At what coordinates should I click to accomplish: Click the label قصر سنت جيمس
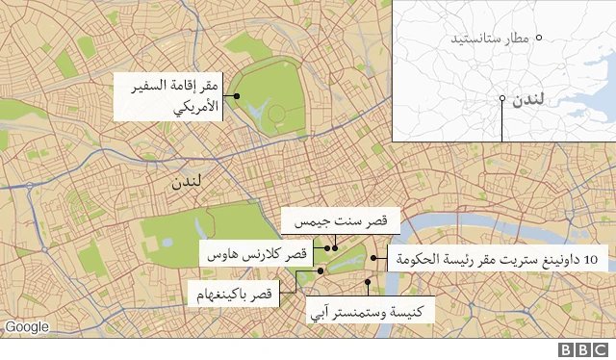click(333, 222)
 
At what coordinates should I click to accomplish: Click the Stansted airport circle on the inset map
click(540, 38)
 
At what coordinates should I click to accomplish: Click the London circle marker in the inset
click(501, 98)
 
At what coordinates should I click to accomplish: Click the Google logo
click(26, 327)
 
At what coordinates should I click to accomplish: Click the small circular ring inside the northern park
click(277, 114)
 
